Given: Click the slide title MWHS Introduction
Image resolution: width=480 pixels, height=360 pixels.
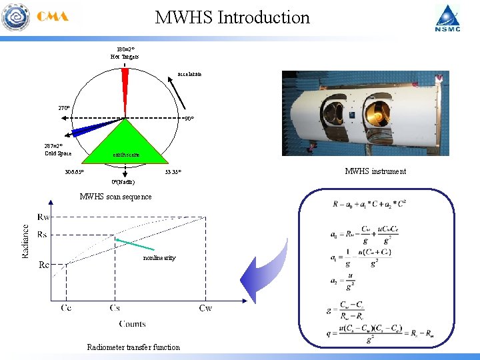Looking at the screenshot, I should pos(232,17).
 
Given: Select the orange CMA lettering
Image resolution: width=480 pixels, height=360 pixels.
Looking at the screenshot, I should pos(53,17).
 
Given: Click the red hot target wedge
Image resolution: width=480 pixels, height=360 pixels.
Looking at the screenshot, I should pos(125,83).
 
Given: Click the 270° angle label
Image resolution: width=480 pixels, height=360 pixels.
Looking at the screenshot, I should pos(64,108).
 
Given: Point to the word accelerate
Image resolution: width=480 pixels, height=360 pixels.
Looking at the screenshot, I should pos(189,74).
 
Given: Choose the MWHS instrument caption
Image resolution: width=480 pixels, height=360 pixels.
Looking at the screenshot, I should pos(375,171).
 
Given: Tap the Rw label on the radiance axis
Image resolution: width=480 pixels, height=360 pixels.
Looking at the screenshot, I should pos(43,217).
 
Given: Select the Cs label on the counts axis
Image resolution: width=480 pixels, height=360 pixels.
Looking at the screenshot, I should pos(115,308).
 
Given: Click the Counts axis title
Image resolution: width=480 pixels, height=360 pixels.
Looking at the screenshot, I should pos(133,324).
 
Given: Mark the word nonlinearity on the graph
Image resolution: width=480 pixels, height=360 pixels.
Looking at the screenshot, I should pos(159,258).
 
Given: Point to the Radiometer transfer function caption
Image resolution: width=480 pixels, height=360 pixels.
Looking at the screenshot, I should pos(133,347).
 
